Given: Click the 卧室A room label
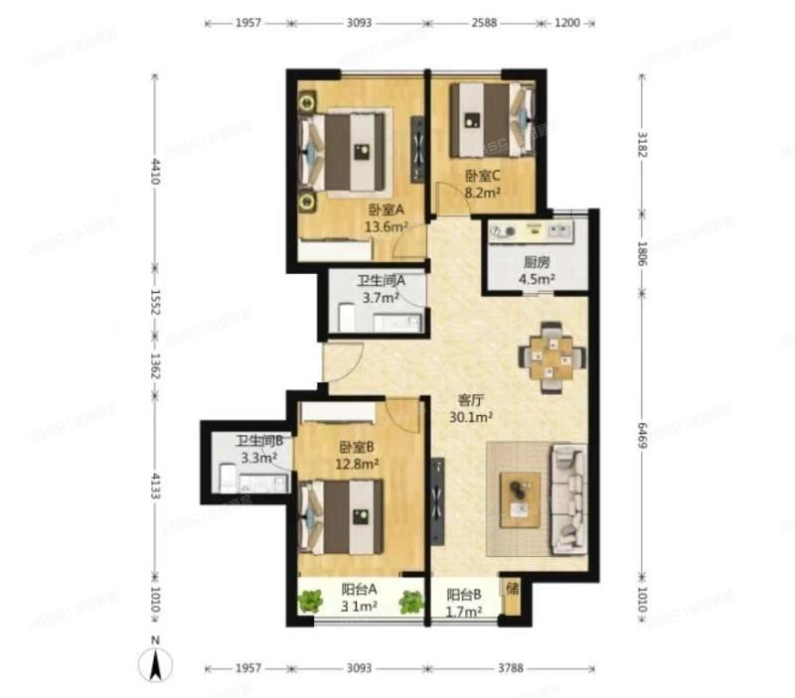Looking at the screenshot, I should point(386,209).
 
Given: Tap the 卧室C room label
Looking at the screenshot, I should point(483,177).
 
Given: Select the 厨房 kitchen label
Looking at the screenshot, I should point(537,263).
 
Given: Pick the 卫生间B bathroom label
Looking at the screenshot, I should point(259,441).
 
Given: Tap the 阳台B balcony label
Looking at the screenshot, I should point(464,595).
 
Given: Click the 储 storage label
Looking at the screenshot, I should point(512,590).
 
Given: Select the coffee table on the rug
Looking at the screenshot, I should point(518,498).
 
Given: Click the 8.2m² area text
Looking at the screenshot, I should point(483,195).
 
